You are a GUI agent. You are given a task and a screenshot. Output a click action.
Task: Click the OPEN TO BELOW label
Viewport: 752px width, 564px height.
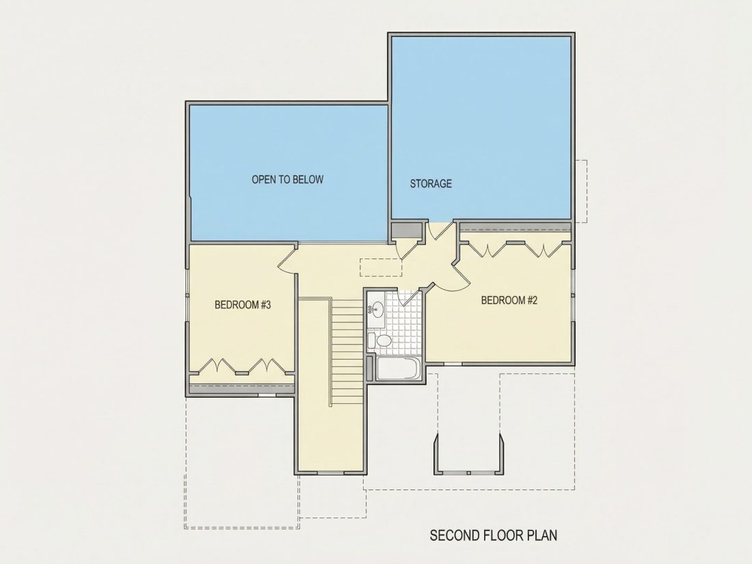coord(288,179)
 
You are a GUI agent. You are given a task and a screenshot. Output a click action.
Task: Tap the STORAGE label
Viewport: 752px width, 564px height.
coord(431,183)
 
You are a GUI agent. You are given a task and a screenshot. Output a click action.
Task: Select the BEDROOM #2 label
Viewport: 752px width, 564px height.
coord(509,300)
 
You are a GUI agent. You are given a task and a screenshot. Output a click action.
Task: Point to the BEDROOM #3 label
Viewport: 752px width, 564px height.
coord(243,304)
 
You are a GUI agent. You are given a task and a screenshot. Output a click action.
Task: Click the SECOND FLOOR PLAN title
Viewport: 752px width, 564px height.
coord(494,535)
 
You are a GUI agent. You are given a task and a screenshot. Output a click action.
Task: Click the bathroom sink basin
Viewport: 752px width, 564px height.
coord(378,310)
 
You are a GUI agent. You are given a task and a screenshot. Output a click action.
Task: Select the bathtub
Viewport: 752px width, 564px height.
coord(399,368)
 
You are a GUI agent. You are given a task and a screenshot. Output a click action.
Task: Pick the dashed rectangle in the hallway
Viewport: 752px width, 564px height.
coord(380,267)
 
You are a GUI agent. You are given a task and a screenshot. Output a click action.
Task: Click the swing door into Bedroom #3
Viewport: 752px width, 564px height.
coord(287,260)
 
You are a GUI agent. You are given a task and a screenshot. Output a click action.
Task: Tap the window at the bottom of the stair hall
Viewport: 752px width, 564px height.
coord(330,473)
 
